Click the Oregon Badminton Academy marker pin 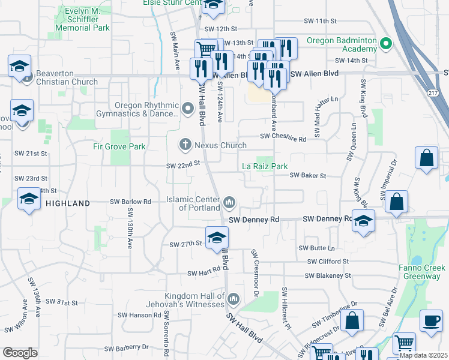(387, 44)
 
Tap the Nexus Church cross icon (185, 145)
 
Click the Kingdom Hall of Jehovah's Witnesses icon (234, 298)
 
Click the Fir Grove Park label (119, 146)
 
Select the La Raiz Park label (265, 166)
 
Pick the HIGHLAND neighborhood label (68, 203)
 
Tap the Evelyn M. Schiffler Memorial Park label (82, 19)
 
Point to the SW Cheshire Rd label (283, 137)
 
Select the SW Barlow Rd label (130, 202)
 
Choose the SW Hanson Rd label (136, 314)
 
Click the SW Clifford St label (328, 262)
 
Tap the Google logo (20, 353)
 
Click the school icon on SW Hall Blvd (217, 238)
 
